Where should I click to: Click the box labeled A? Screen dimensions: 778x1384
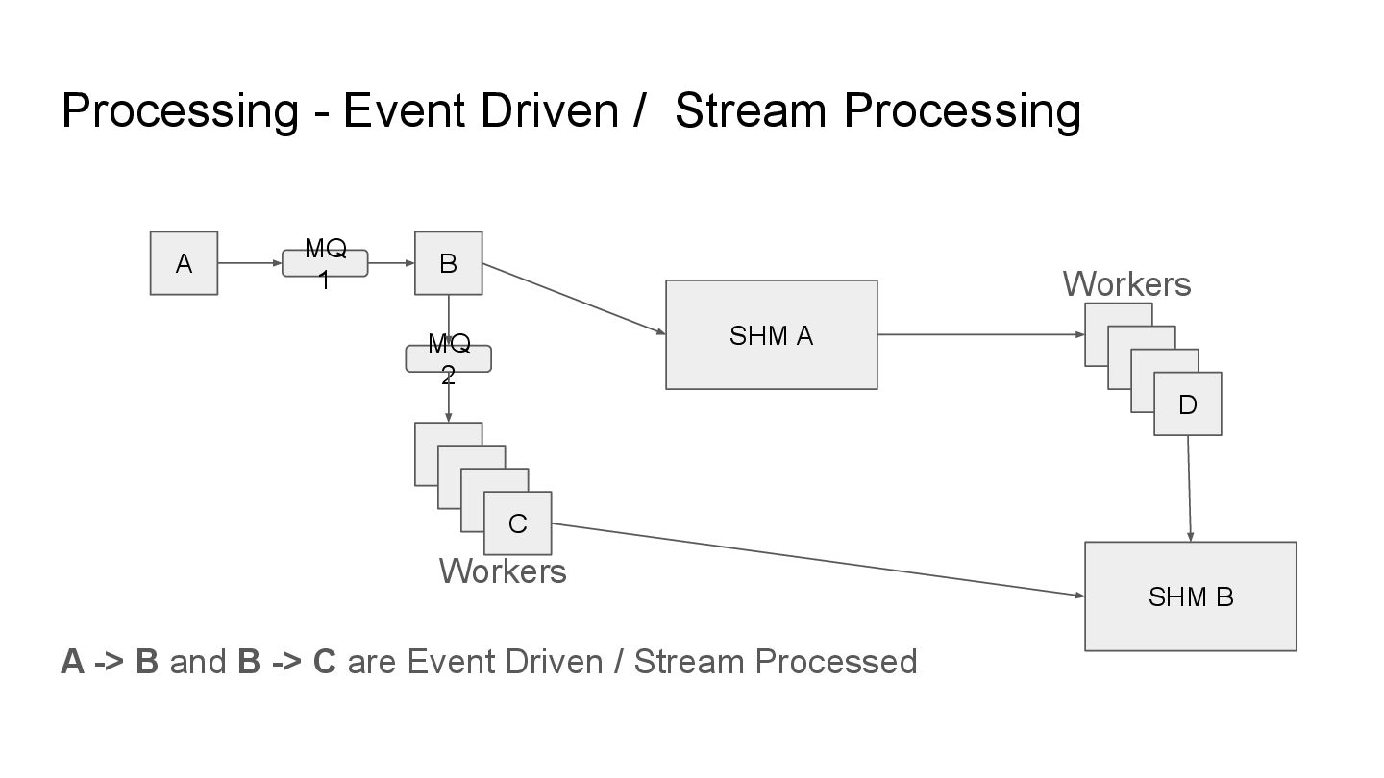184,263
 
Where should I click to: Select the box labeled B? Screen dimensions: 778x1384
448,263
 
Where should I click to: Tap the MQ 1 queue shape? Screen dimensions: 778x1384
325,263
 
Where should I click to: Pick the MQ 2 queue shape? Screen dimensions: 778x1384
448,358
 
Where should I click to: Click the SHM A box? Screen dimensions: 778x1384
771,335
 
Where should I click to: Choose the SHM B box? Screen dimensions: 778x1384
1190,596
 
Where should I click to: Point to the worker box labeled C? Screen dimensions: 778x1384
518,523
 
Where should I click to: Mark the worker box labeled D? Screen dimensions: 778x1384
1188,404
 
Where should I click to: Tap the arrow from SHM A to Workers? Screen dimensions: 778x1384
980,334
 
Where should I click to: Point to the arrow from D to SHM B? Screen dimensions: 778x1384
1190,488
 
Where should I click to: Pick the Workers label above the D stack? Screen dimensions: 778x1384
1126,284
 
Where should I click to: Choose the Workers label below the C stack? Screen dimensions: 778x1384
503,571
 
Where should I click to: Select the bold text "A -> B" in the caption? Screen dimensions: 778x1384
109,662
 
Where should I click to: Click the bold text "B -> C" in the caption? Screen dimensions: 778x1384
286,662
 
